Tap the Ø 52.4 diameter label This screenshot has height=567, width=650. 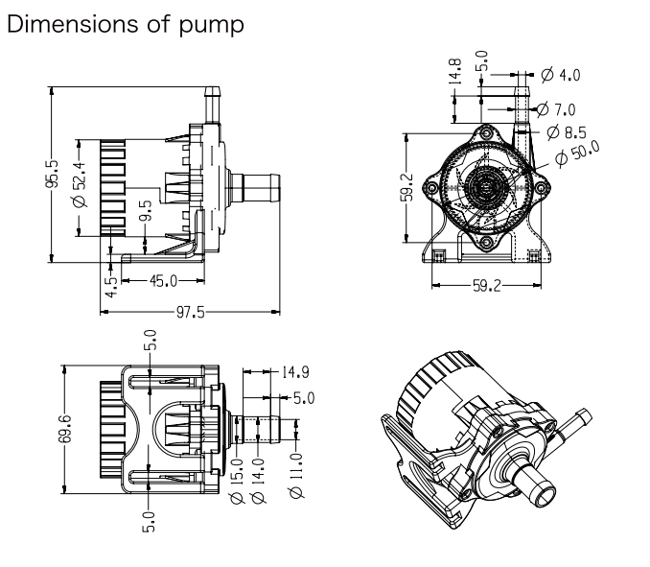pyautogui.click(x=81, y=184)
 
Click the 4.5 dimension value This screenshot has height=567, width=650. pyautogui.click(x=112, y=284)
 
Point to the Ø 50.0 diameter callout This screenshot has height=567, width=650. pyautogui.click(x=585, y=152)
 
